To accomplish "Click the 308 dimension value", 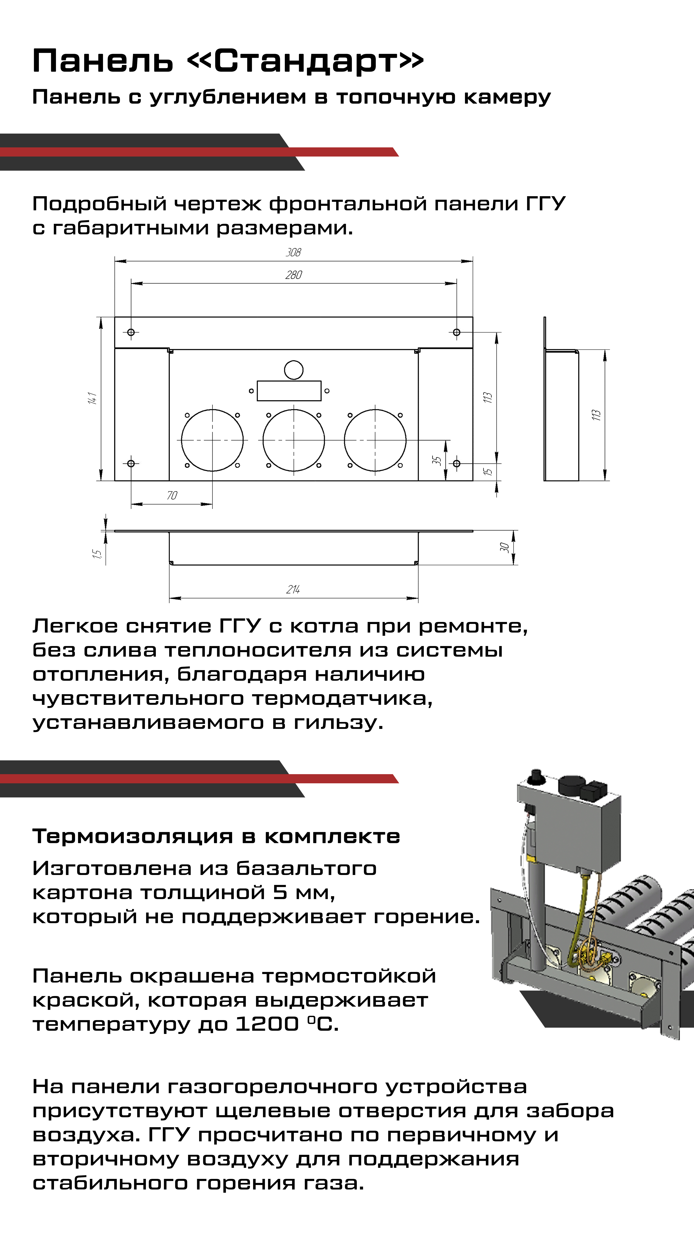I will [x=293, y=252].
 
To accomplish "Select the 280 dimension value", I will [x=294, y=275].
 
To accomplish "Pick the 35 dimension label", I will [x=436, y=460].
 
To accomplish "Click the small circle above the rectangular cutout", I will [x=294, y=370].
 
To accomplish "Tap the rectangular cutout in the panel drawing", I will [x=289, y=391].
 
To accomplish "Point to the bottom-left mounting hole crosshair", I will [x=131, y=463].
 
